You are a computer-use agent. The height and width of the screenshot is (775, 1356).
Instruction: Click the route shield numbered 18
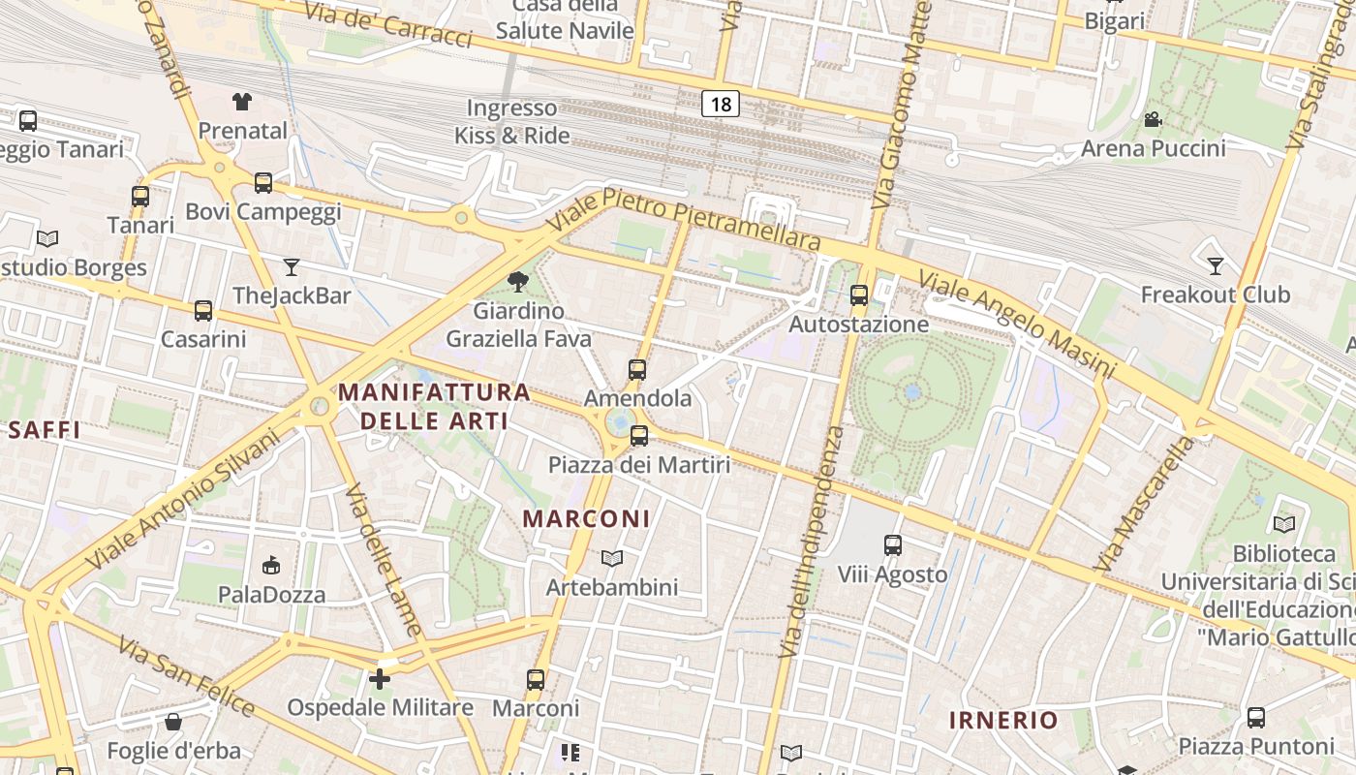coord(720,104)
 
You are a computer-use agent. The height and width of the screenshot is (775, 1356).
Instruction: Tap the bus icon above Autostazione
coord(859,295)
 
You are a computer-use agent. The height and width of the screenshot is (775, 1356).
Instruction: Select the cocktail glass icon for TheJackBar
coord(292,266)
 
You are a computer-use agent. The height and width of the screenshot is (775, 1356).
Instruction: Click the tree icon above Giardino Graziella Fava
coord(518,282)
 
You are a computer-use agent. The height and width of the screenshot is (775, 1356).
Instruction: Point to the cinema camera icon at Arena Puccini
coord(1153,119)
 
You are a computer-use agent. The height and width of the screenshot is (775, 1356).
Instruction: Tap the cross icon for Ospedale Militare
coord(380,678)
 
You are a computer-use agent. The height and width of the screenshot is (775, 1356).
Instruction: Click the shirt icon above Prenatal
coord(242,101)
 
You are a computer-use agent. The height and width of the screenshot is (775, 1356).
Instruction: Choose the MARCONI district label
coord(587,518)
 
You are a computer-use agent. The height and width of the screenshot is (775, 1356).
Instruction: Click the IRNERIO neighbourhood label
coord(1003,720)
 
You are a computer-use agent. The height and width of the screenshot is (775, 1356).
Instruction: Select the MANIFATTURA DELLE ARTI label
coord(435,406)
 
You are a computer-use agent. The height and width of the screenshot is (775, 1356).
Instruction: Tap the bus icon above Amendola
coord(637,369)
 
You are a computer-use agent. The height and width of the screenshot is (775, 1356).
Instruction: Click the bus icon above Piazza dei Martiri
coord(639,436)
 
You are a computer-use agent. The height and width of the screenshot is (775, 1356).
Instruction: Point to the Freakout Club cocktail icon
coord(1216,265)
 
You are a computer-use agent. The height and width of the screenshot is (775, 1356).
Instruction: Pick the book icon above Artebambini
coord(611,558)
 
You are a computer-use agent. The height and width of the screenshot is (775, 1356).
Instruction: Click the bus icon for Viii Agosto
coord(893,545)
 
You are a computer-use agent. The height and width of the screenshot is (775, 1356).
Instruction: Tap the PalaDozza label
coord(271,594)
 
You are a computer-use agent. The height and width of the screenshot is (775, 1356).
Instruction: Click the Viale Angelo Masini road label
coord(1016,325)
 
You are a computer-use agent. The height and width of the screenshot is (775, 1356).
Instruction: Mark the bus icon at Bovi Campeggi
coord(262,182)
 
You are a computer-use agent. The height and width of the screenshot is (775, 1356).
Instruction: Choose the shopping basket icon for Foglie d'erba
coord(173,722)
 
